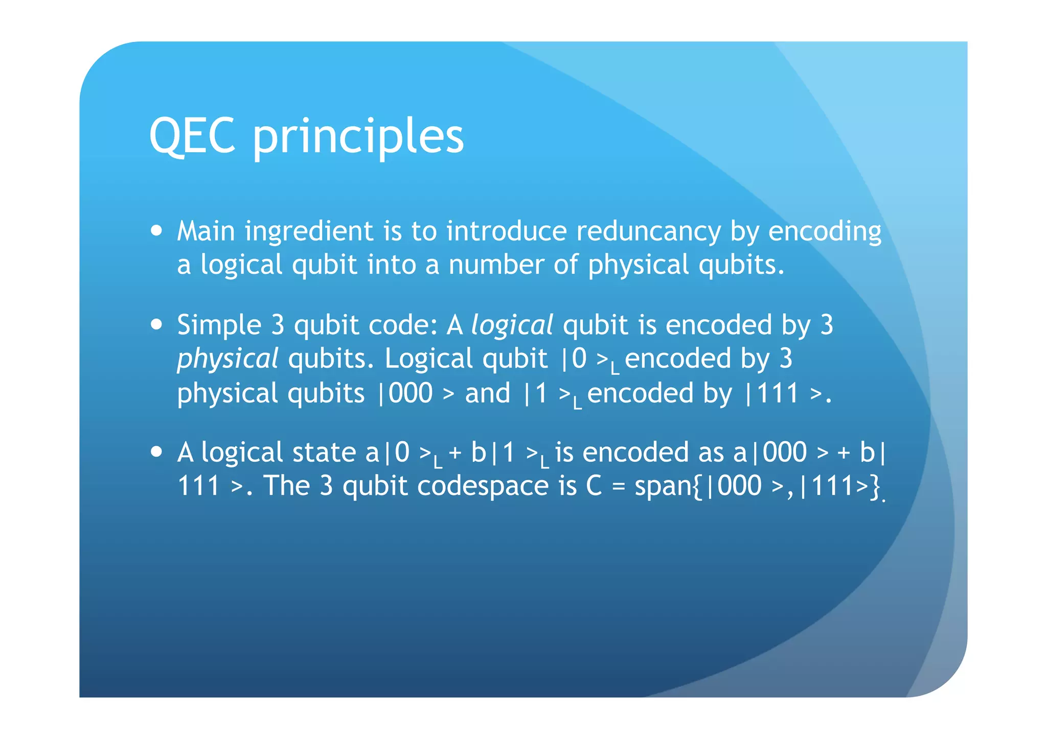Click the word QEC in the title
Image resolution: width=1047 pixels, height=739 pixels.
click(x=192, y=135)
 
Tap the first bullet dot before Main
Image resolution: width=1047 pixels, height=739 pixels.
click(x=157, y=230)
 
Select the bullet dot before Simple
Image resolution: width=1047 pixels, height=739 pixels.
click(x=157, y=324)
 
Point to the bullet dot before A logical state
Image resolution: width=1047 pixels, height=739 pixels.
click(x=157, y=451)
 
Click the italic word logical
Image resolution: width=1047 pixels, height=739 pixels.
click(x=512, y=325)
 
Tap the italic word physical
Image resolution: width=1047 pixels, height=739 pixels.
click(x=227, y=359)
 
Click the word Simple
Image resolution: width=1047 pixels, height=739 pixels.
click(x=219, y=325)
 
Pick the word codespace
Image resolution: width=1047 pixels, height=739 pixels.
click(x=483, y=486)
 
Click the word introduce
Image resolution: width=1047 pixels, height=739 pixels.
click(x=506, y=231)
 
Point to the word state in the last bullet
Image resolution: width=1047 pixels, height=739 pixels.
click(x=324, y=452)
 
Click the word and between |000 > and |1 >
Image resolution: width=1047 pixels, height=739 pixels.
click(x=487, y=393)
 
